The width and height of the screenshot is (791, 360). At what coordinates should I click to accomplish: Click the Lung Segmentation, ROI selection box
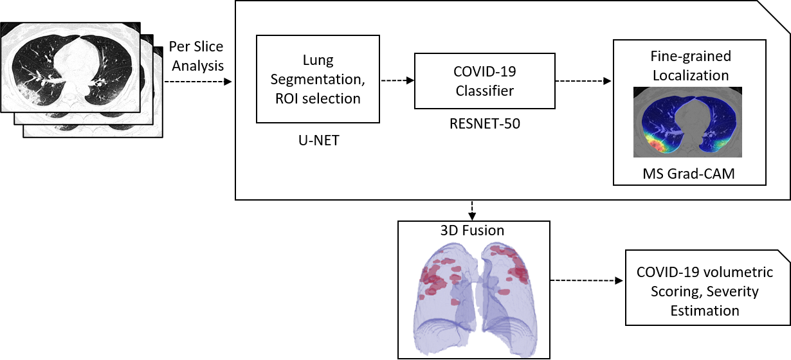[x=318, y=79]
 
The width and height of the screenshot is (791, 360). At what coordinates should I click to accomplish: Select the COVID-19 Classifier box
[x=484, y=81]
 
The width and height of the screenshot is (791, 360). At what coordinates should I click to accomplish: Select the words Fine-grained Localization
[x=691, y=66]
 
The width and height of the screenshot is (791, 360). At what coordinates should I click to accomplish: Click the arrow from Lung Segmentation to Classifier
[x=397, y=81]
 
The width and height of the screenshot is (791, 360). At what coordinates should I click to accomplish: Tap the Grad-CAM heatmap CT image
[x=687, y=122]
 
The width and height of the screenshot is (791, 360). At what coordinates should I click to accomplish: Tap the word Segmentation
[x=318, y=80]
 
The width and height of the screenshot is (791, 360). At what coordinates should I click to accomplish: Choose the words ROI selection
[x=318, y=98]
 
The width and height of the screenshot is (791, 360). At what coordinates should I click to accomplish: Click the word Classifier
[x=485, y=91]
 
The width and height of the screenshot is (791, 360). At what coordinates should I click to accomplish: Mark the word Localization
[x=691, y=75]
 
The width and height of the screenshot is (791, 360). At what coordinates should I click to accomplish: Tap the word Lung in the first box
[x=318, y=61]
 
